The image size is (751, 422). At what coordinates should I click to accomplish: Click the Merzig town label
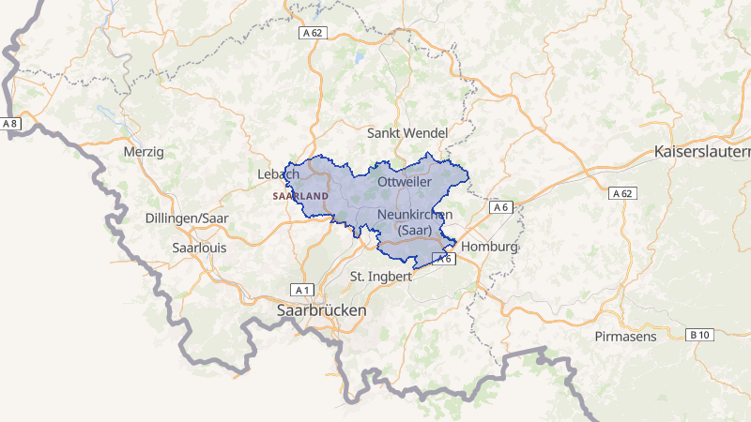coord(144,151)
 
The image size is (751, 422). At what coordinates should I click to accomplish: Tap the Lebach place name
coord(278,174)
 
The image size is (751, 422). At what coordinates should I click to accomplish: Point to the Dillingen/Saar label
coord(188,219)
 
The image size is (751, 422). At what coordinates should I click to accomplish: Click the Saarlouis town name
coord(200,249)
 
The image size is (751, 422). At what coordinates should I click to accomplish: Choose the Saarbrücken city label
coord(322,309)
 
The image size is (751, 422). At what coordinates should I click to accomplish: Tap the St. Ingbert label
coord(380,277)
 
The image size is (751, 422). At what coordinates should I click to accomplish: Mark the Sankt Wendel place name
coord(407,132)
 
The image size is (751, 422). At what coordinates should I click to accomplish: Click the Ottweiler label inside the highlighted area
coord(405,180)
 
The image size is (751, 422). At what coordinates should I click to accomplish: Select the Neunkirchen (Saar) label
coord(414,222)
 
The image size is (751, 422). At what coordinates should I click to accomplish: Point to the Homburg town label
coord(489,248)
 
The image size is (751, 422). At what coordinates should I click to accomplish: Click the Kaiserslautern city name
coord(703,151)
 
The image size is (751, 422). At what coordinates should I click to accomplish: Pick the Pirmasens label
coord(626,336)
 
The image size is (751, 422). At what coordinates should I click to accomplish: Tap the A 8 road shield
coord(10,124)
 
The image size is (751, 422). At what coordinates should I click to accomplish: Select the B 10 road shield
coord(699,335)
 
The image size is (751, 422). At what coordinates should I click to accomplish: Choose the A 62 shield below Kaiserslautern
coord(622,193)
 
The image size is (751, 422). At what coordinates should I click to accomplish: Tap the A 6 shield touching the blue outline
coord(443,259)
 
